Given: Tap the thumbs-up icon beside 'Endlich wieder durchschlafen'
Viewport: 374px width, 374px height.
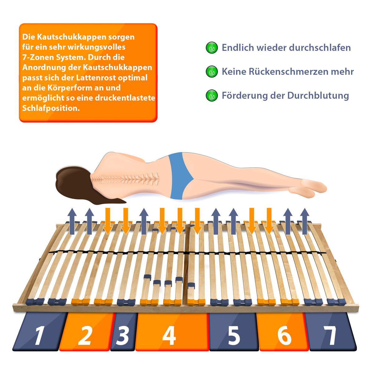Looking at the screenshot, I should tap(212, 48).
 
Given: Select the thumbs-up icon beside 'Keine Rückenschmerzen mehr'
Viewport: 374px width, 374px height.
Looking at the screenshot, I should tap(212, 72).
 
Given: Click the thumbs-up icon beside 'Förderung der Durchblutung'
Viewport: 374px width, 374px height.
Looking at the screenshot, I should tap(212, 95).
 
